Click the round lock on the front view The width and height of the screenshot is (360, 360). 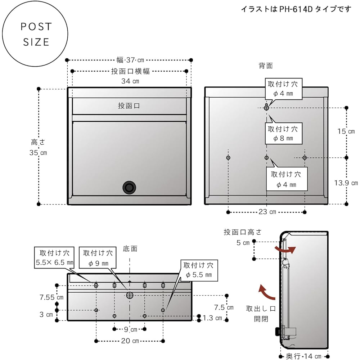click(129, 187)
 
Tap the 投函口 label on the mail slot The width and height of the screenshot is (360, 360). click(129, 106)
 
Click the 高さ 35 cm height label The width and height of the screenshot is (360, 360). click(38, 147)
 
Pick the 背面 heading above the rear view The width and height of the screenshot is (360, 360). click(266, 66)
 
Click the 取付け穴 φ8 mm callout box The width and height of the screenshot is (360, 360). click(283, 133)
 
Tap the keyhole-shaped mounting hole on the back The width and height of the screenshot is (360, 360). click(266, 107)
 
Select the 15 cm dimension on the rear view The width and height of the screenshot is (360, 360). click(346, 131)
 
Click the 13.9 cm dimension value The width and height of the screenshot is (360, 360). click(346, 183)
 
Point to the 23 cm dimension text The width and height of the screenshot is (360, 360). click(267, 212)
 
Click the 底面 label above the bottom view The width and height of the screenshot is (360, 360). click(130, 248)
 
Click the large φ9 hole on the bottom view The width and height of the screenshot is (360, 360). click(130, 295)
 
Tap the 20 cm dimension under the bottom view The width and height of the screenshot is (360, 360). click(130, 341)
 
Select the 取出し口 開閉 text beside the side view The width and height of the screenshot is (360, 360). click(260, 314)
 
